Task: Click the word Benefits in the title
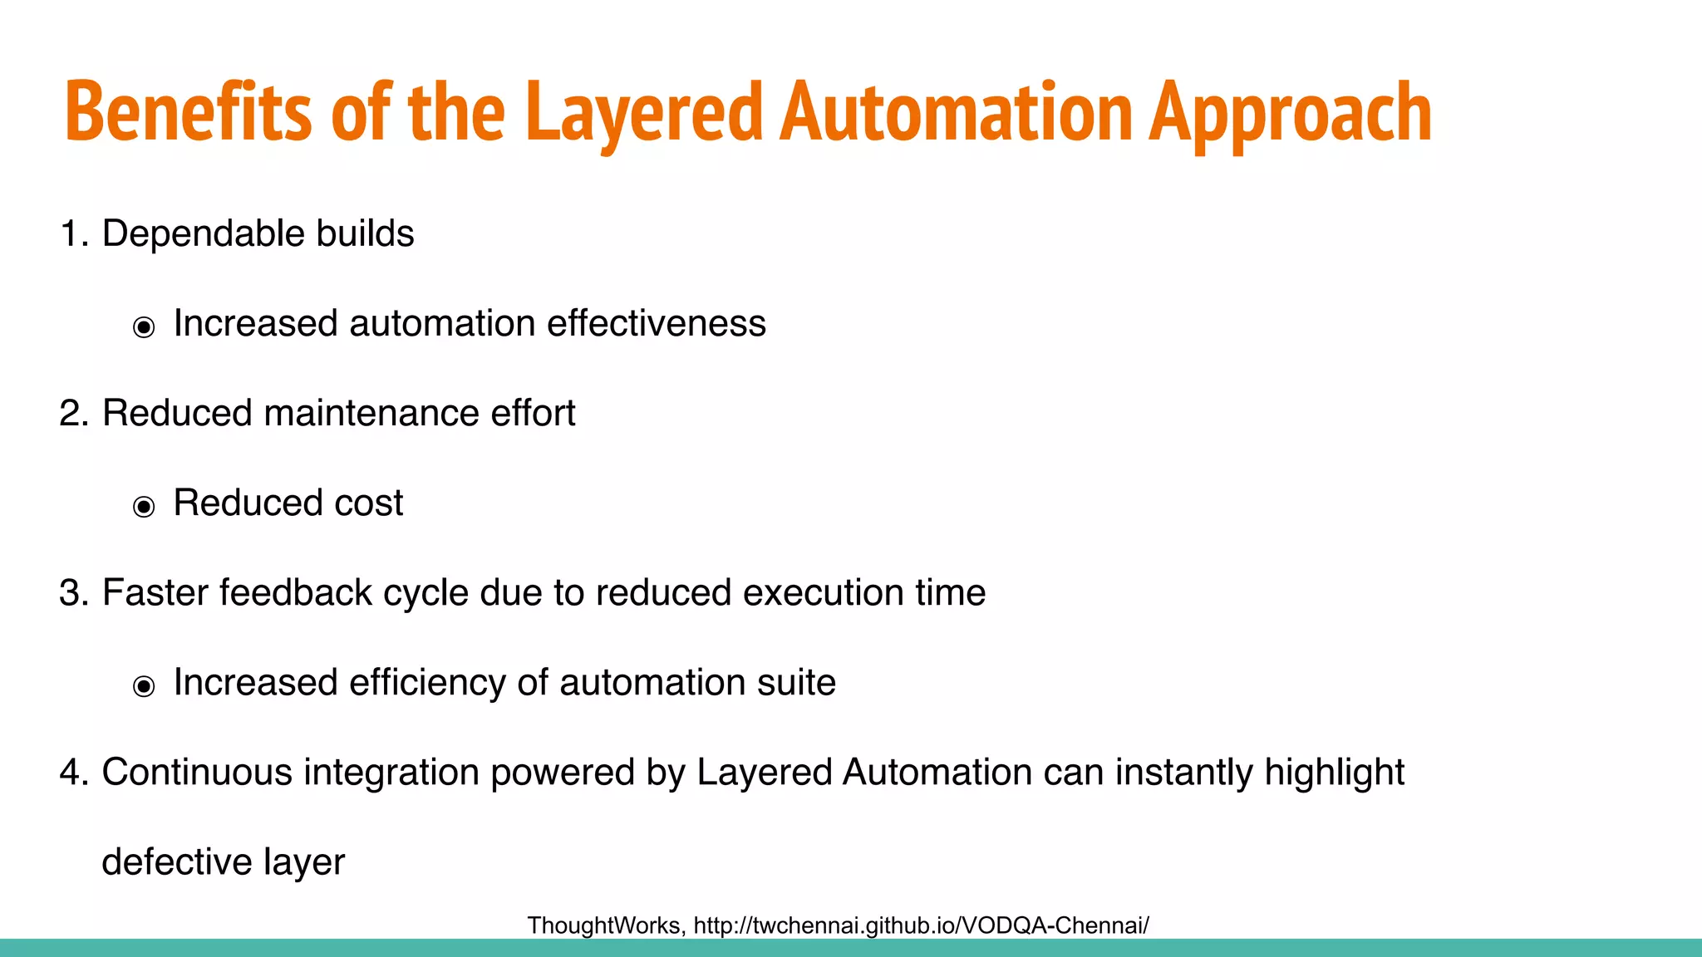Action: pyautogui.click(x=188, y=112)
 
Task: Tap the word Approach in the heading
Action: pyautogui.click(x=1290, y=112)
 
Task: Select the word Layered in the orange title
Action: pyautogui.click(x=643, y=112)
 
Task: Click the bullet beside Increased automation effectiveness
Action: pyautogui.click(x=144, y=327)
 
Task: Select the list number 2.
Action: pyautogui.click(x=73, y=414)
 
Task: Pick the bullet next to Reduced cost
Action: pyautogui.click(x=144, y=507)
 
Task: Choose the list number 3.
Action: pyautogui.click(x=73, y=593)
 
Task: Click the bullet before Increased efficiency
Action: pyautogui.click(x=144, y=686)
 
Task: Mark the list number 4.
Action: pyautogui.click(x=73, y=773)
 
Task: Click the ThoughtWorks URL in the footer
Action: pyautogui.click(x=921, y=925)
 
